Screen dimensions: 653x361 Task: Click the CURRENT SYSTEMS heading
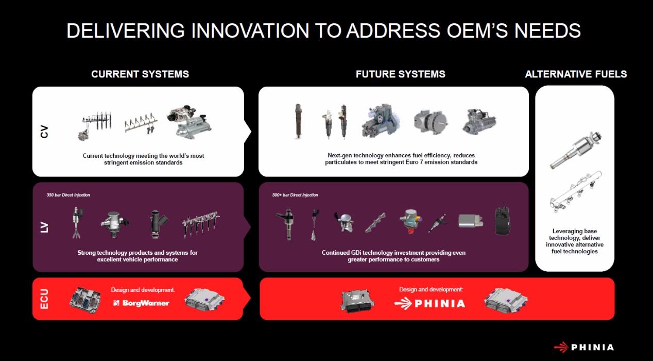140,74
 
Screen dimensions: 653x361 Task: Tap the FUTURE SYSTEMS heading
400,74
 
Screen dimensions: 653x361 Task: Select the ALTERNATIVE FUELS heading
576,74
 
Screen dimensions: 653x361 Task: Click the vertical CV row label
44,132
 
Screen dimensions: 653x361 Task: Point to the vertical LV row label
44,227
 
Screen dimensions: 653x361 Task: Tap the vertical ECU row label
44,299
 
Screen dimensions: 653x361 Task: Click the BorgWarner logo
141,303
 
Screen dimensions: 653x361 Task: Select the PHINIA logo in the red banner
429,304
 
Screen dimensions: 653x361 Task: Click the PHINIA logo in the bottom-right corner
584,347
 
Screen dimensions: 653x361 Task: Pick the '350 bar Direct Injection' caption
68,195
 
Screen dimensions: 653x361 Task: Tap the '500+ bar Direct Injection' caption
295,195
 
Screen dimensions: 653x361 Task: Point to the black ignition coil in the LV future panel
503,220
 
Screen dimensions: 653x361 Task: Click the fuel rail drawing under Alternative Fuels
575,192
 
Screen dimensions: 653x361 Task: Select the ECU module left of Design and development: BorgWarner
85,300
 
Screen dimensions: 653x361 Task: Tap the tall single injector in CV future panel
298,121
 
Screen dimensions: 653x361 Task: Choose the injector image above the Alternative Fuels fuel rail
575,150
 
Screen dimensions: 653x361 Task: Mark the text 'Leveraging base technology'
574,234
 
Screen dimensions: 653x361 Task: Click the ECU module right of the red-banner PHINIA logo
506,301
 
